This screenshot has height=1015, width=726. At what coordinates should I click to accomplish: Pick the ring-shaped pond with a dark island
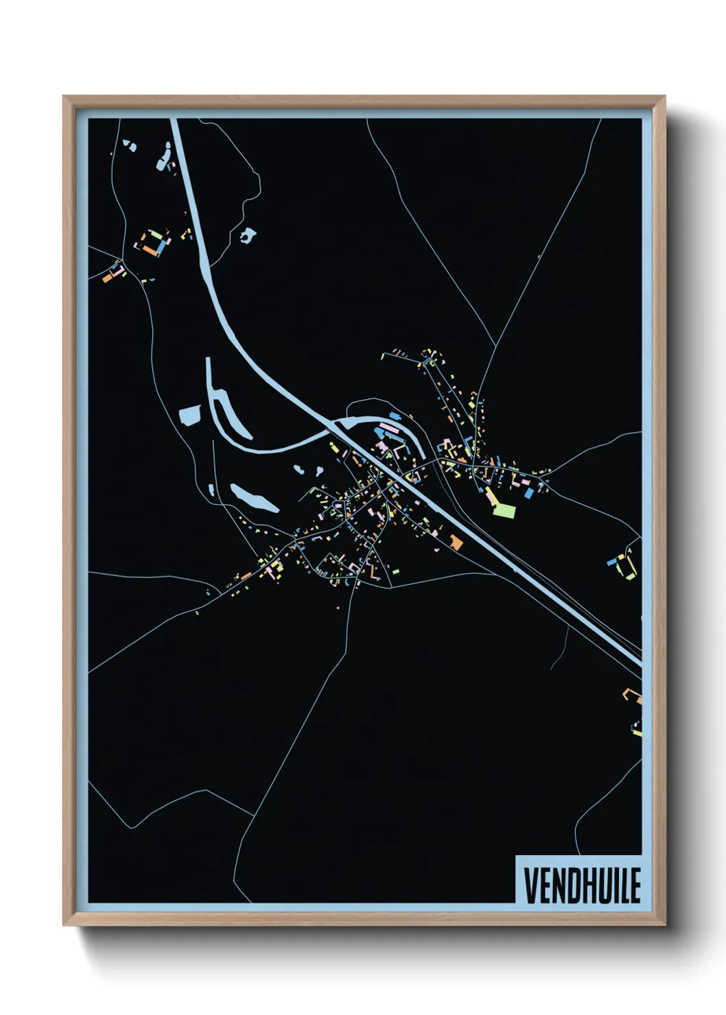(x=247, y=236)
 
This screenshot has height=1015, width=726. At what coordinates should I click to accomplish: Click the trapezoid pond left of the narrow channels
(x=189, y=415)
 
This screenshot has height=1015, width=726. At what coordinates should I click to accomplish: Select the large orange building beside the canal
(x=456, y=542)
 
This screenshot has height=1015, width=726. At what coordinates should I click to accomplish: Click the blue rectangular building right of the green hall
(x=528, y=492)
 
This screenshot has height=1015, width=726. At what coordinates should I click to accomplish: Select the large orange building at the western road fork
(x=107, y=278)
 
